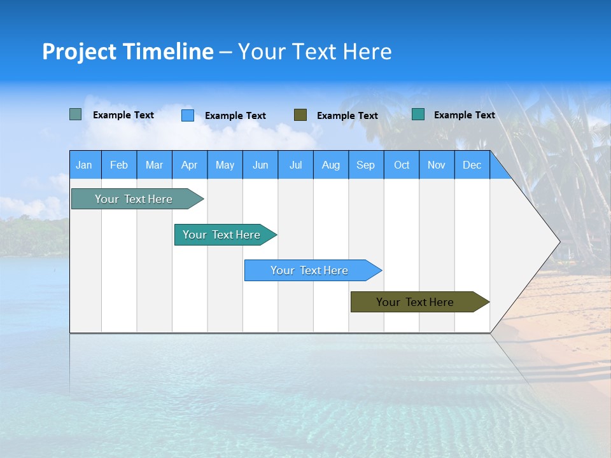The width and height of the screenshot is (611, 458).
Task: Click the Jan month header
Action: point(85,165)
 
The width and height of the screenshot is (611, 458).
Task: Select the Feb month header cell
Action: point(119,165)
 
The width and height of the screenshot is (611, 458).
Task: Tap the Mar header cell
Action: point(154,165)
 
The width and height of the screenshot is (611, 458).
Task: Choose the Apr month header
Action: point(190,165)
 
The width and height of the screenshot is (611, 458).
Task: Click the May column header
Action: point(225,165)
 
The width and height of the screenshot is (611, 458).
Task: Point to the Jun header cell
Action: point(260,165)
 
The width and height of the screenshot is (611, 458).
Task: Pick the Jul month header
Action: point(295,165)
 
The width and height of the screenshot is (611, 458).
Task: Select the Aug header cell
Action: point(331,165)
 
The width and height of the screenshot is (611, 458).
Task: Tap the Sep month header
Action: point(366,165)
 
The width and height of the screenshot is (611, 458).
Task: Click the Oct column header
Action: point(402,165)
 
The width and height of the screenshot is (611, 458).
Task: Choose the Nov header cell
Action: point(437,165)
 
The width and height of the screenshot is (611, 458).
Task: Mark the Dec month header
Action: point(472,165)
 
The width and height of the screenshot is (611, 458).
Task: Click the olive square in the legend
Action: point(300,115)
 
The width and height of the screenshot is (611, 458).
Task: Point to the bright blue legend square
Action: point(188,115)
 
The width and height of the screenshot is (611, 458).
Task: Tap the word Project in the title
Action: point(79,52)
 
